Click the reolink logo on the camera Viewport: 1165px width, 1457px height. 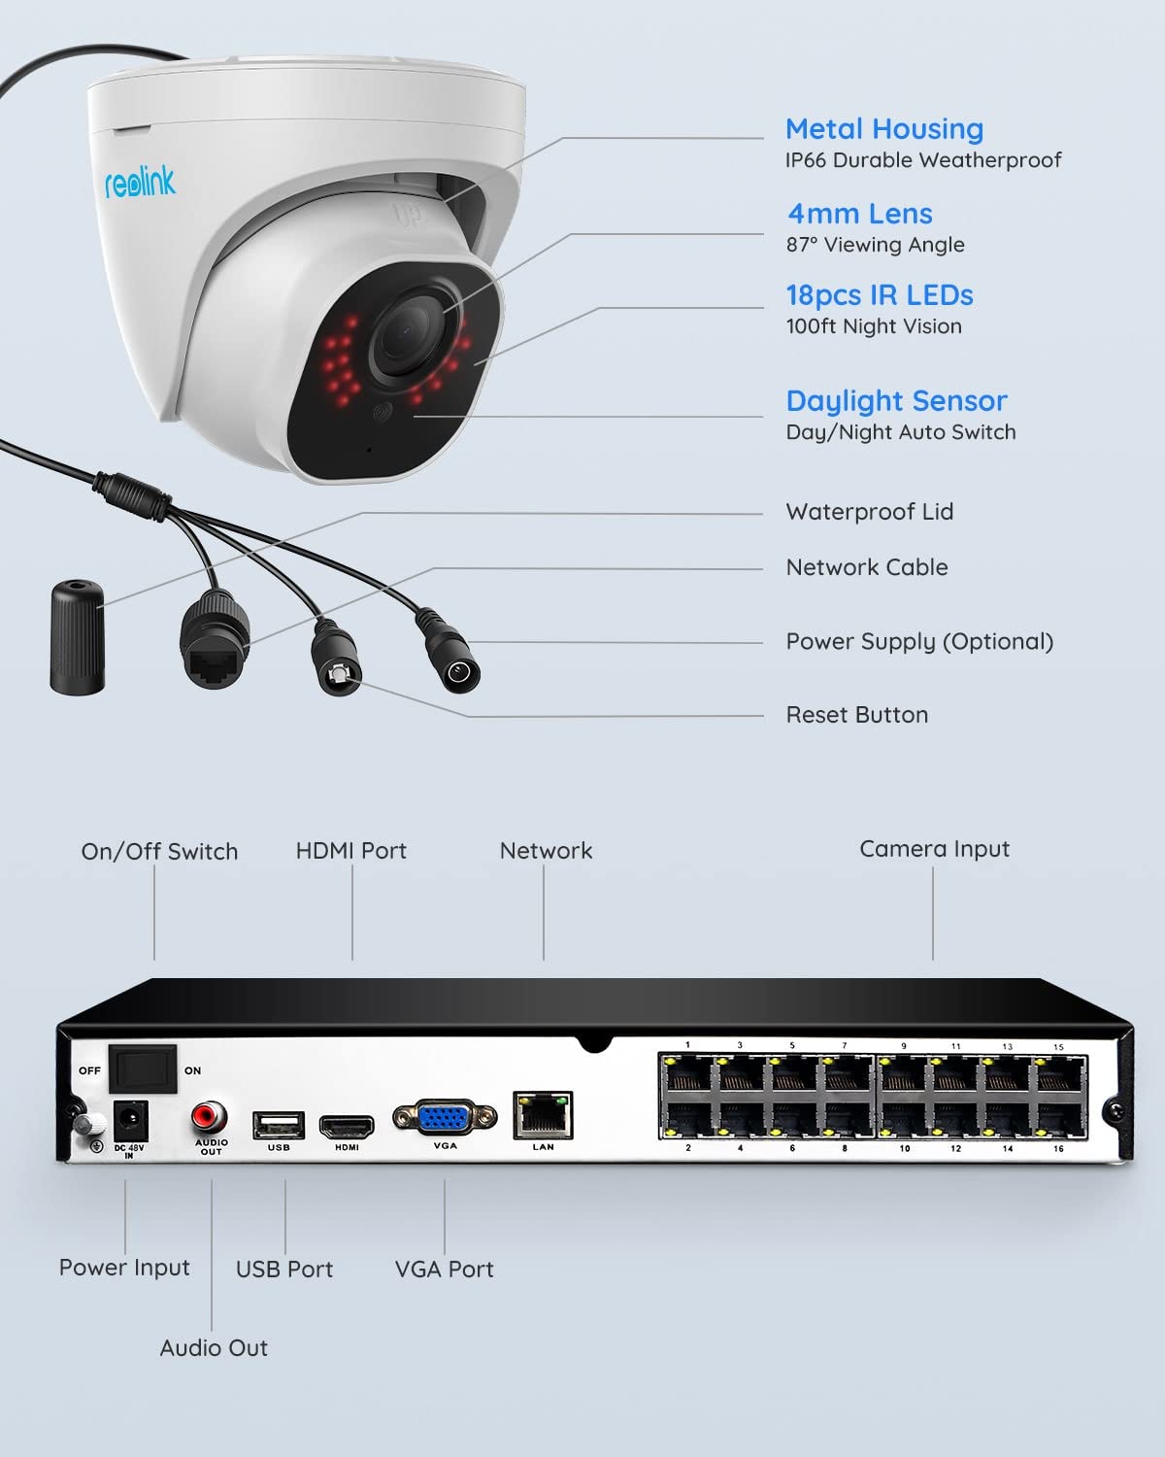click(140, 182)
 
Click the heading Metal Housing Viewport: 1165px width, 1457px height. click(883, 129)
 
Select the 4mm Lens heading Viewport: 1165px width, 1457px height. click(859, 214)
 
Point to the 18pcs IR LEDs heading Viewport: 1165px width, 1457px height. click(879, 295)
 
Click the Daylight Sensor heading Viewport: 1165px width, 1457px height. click(896, 401)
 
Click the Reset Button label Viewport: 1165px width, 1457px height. click(856, 715)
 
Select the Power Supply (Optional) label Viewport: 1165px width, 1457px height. click(918, 641)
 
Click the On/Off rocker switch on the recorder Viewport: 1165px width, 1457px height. click(142, 1069)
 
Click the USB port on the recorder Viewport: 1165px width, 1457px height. click(279, 1125)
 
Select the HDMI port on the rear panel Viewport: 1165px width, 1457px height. click(347, 1127)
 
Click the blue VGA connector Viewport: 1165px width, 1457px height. click(445, 1117)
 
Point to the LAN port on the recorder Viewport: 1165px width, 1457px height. click(543, 1115)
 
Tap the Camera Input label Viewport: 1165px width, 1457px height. click(934, 849)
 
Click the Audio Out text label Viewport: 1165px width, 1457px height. click(214, 1347)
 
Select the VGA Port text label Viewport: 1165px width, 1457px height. click(444, 1269)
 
